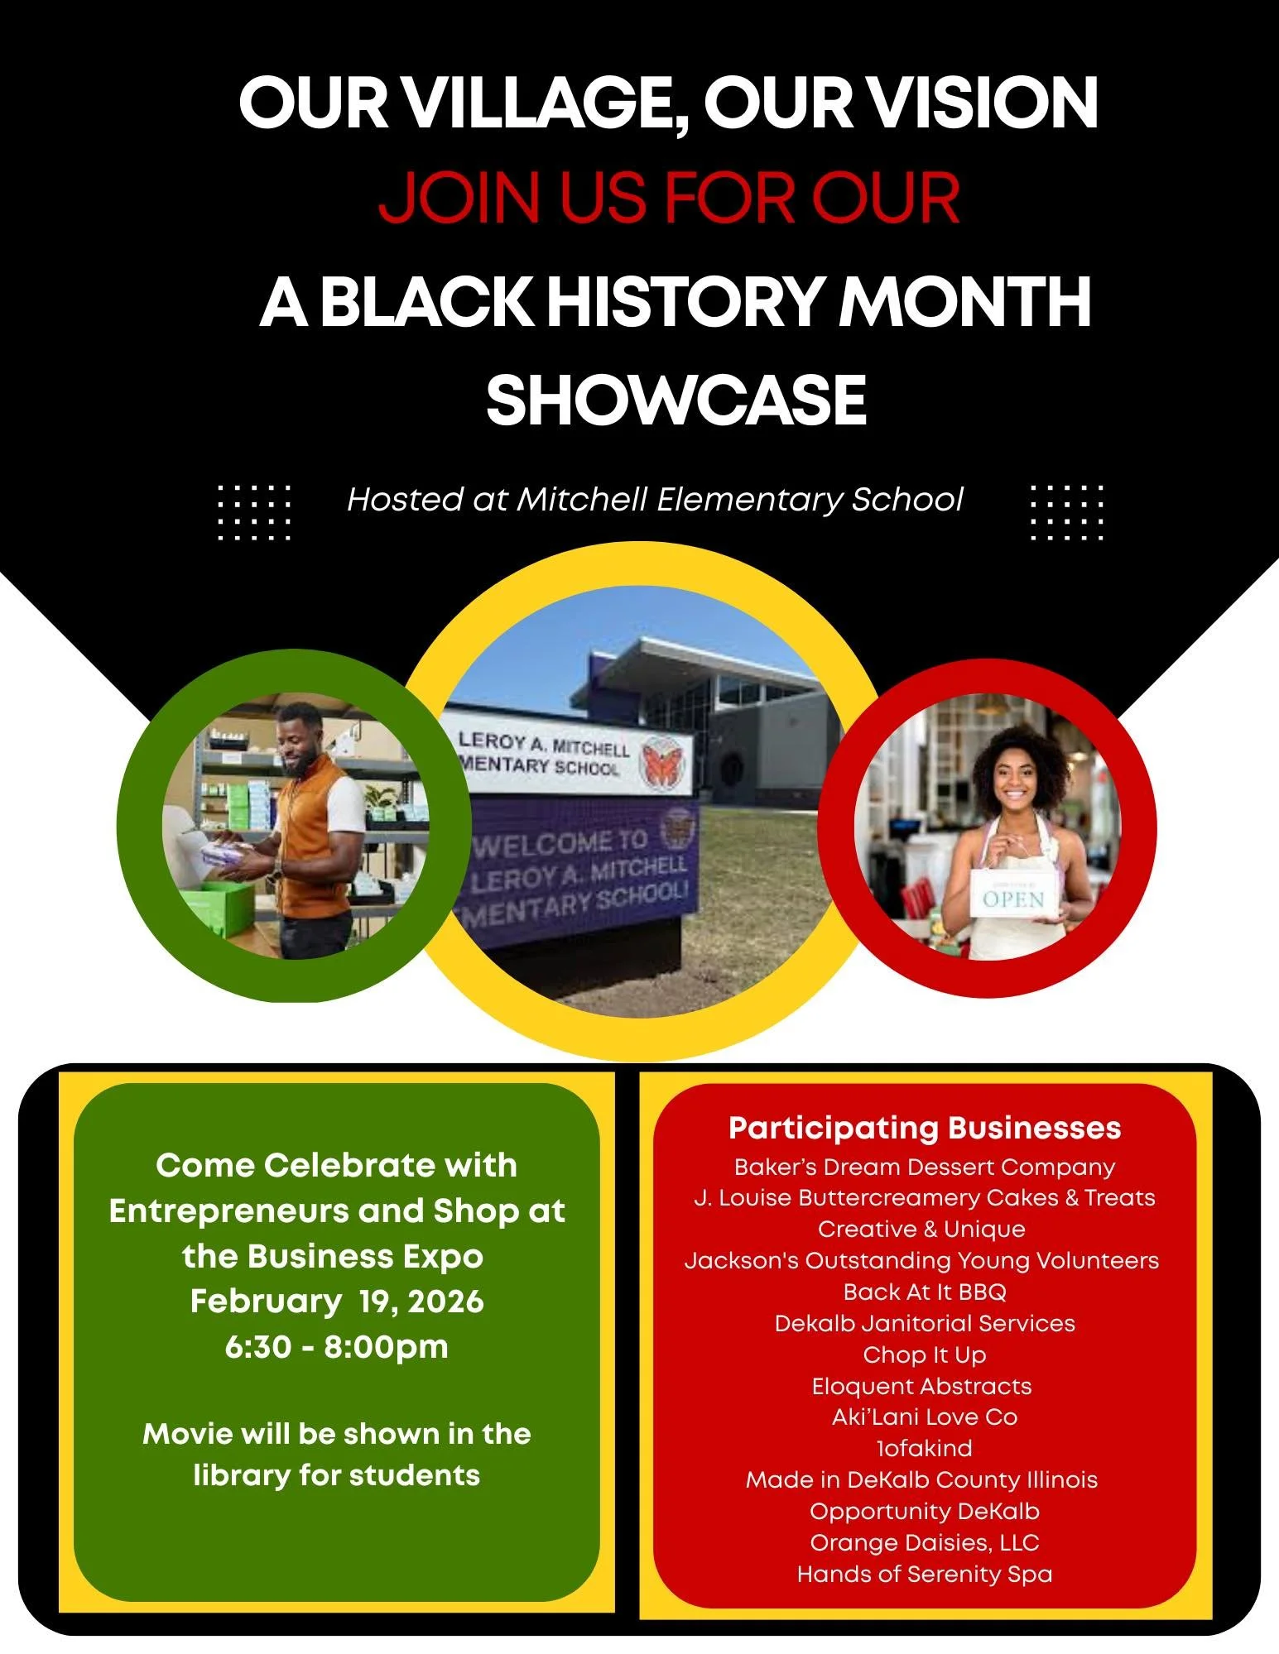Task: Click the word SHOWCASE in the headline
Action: click(x=676, y=400)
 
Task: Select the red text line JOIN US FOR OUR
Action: click(x=669, y=199)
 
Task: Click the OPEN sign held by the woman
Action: click(x=1012, y=898)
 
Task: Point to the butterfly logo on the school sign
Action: click(x=662, y=761)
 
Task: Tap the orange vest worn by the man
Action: click(x=315, y=836)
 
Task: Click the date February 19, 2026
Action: click(x=337, y=1302)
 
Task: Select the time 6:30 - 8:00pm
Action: click(x=336, y=1346)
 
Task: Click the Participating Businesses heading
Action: click(x=924, y=1128)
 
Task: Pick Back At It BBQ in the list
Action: click(x=924, y=1292)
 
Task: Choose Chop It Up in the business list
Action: click(x=924, y=1354)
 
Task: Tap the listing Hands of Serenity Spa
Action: click(x=924, y=1574)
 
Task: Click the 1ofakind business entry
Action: click(x=924, y=1448)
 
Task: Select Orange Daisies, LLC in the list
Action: click(x=924, y=1542)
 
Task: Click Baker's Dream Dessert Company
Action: click(x=924, y=1167)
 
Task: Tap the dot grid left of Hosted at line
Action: click(x=254, y=512)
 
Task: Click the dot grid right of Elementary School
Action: click(x=1067, y=512)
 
